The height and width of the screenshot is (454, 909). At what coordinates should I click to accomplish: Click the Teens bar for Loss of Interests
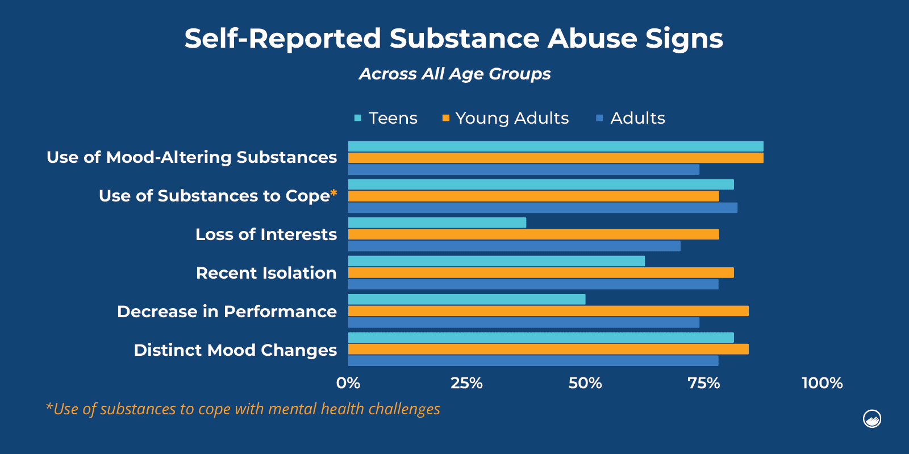pos(437,222)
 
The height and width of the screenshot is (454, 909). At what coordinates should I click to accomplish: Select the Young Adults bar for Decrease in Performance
pos(548,311)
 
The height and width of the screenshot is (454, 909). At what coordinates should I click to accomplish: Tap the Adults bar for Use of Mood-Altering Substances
pos(523,169)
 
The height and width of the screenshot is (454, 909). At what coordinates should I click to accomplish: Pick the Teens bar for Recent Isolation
pos(496,261)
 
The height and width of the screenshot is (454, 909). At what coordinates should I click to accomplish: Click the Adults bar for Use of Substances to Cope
pos(543,208)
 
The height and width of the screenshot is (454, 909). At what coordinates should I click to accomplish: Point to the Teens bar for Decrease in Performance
pos(466,299)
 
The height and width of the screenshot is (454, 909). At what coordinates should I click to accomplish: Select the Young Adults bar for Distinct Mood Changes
pos(548,349)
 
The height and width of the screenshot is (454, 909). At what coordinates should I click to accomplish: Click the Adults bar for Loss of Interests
pos(514,246)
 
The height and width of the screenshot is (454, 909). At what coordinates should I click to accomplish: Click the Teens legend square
pos(358,118)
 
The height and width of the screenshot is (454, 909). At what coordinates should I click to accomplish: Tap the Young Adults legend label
pos(512,118)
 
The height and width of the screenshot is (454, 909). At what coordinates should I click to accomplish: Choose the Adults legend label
pos(637,118)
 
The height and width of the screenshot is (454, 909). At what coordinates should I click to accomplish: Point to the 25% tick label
pos(466,383)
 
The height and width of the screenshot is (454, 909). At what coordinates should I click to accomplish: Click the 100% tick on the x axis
pos(822,383)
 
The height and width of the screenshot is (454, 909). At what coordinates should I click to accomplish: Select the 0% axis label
pos(348,383)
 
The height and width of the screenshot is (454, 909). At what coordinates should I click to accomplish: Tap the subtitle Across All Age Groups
pos(454,74)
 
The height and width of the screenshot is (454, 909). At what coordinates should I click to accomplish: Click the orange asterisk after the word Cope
pos(333,193)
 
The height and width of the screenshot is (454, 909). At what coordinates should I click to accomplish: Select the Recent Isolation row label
pos(266,273)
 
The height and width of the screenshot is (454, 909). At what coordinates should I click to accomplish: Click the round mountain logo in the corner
pos(872,419)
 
